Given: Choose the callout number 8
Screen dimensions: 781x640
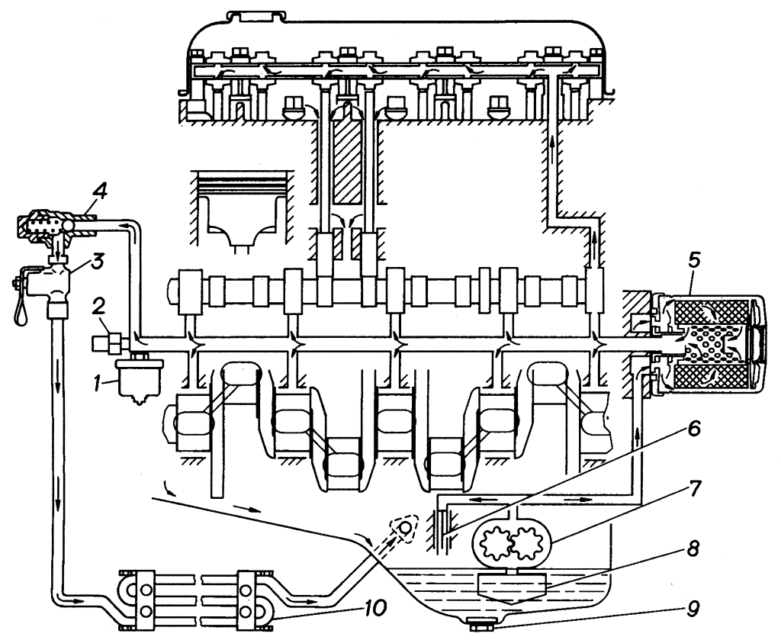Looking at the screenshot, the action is (x=694, y=549).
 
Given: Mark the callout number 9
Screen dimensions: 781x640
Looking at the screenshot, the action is (x=694, y=609).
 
